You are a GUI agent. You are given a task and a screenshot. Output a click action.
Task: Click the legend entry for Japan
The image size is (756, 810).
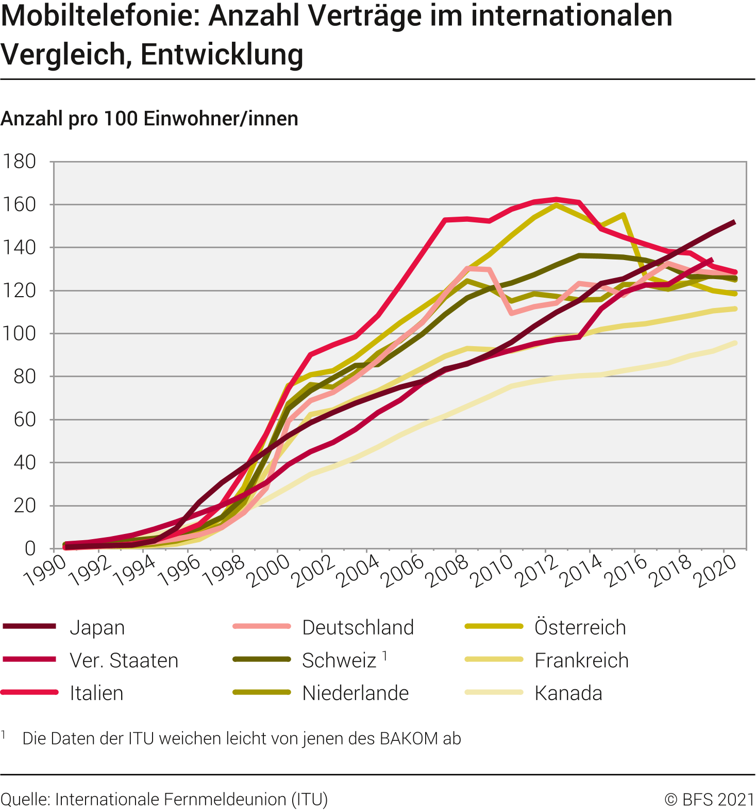(x=97, y=628)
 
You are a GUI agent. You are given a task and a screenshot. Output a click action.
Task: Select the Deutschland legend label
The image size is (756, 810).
(x=358, y=628)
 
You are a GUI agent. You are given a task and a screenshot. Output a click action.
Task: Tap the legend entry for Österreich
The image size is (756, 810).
(x=580, y=628)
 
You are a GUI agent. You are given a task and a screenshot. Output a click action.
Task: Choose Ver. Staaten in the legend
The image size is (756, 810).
(x=124, y=661)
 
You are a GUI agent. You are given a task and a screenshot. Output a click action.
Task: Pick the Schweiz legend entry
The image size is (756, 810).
(x=339, y=661)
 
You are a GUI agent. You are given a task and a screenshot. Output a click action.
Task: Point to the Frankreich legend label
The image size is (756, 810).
(x=581, y=661)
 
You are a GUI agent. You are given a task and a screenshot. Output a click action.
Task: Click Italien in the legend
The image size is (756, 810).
(x=96, y=693)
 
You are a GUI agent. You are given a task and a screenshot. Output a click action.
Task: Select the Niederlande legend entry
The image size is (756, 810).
(x=355, y=693)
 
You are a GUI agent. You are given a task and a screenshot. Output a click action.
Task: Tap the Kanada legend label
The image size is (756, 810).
(x=568, y=693)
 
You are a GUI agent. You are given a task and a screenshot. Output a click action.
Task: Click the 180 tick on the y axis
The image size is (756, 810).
(x=20, y=162)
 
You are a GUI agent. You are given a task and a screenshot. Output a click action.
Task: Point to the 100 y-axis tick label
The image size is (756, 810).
(x=20, y=334)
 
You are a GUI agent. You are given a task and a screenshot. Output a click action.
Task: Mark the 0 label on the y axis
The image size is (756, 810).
(x=30, y=548)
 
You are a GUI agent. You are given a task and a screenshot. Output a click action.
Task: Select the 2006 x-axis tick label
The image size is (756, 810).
(x=404, y=571)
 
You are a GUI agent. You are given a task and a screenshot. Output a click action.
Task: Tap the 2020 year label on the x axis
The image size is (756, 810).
(x=716, y=571)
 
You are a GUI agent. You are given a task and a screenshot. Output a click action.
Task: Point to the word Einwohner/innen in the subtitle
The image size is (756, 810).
(x=221, y=119)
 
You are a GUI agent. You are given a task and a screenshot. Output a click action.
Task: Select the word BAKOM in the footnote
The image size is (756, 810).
(x=409, y=739)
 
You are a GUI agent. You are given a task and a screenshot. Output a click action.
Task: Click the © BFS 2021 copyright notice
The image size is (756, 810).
(x=709, y=800)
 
